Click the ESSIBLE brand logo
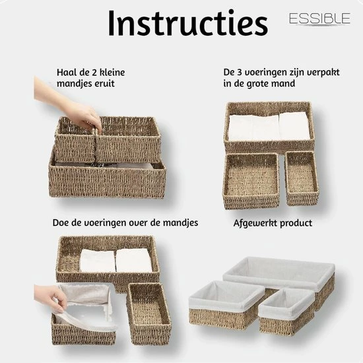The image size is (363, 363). (x=319, y=18)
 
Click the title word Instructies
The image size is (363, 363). (x=188, y=23)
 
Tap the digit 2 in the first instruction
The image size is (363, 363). (x=94, y=73)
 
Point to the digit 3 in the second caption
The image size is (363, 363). (x=240, y=72)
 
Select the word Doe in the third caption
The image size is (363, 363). (x=59, y=222)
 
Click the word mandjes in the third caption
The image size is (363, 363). (x=181, y=223)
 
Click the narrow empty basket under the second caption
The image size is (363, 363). (x=302, y=178)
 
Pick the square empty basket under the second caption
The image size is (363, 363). (x=251, y=181)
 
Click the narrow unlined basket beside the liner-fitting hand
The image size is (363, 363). (x=149, y=313)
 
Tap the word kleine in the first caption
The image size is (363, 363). (x=112, y=73)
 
